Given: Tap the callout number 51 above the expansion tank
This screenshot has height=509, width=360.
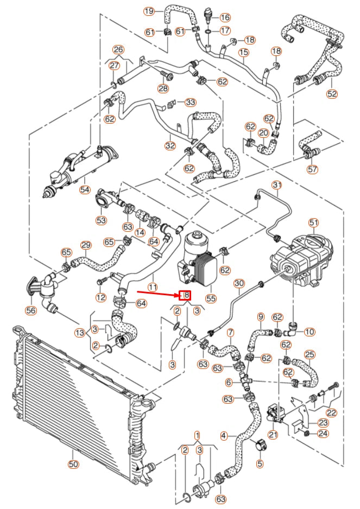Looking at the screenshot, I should [313, 222].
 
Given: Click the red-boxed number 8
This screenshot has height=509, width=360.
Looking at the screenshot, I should [185, 295].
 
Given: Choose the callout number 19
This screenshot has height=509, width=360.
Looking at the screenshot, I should [149, 11].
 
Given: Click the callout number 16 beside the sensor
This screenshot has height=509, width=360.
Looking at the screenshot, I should [225, 18].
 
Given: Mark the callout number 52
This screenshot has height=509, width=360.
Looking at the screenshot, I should [332, 93].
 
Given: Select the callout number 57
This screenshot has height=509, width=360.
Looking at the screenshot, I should [312, 169].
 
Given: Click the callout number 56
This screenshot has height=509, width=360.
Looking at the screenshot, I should [31, 310].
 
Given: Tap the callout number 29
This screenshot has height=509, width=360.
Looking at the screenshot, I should [86, 245].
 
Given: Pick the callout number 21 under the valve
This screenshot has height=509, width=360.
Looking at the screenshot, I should [272, 434].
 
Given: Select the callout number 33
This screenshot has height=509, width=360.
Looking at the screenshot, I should [190, 102].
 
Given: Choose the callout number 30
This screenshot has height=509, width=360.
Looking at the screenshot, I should [239, 283].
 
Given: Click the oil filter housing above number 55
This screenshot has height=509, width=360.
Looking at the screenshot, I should [195, 250].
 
